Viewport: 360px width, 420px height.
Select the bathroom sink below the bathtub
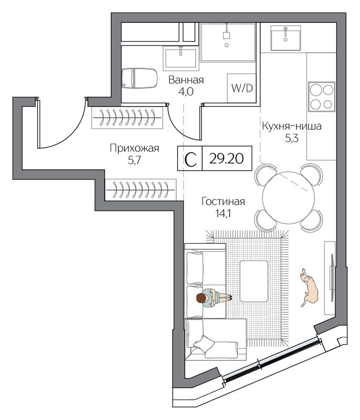click(180, 57)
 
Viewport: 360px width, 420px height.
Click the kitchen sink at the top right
click(285, 38)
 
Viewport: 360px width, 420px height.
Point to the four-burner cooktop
click(322, 97)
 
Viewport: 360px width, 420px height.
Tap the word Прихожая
click(134, 148)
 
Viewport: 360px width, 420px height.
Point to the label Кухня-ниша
click(291, 127)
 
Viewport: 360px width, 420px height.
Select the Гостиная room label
click(222, 201)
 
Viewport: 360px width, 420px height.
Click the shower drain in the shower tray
click(226, 45)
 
